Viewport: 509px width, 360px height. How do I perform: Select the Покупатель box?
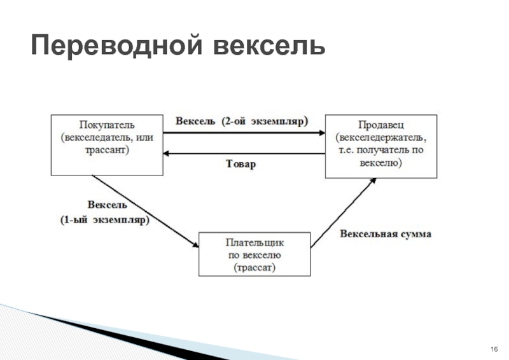(106, 145)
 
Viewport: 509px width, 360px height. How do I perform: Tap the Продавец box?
(380, 146)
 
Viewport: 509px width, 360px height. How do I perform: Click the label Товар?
(242, 164)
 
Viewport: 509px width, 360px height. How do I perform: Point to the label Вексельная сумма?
(386, 234)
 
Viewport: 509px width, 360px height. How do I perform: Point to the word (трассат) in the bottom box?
(254, 268)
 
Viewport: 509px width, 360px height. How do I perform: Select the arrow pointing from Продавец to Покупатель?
(244, 153)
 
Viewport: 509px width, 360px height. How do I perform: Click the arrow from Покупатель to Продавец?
(244, 132)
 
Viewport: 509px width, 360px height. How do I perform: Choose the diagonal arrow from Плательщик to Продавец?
(344, 212)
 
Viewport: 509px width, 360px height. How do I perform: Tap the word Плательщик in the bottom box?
(255, 242)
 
